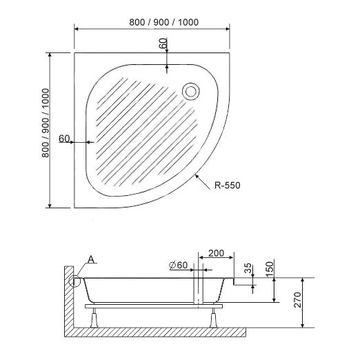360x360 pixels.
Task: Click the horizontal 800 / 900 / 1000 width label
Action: pos(163,21)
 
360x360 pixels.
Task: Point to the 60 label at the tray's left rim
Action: pos(64,139)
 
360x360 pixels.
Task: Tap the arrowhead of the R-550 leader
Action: pos(197,176)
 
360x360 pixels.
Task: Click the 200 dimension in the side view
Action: pos(217,254)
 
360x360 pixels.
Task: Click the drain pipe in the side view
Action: pos(199,290)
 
